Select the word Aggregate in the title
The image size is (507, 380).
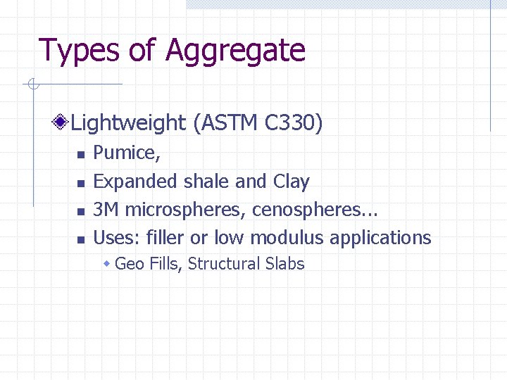[x=235, y=51]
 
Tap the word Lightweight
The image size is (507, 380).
[x=128, y=124]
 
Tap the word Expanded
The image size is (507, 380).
[x=136, y=182]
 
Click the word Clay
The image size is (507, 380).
[x=291, y=182]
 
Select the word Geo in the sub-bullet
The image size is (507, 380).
[x=128, y=265]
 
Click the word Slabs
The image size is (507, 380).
[x=285, y=265]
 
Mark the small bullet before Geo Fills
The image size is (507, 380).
[x=107, y=265]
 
